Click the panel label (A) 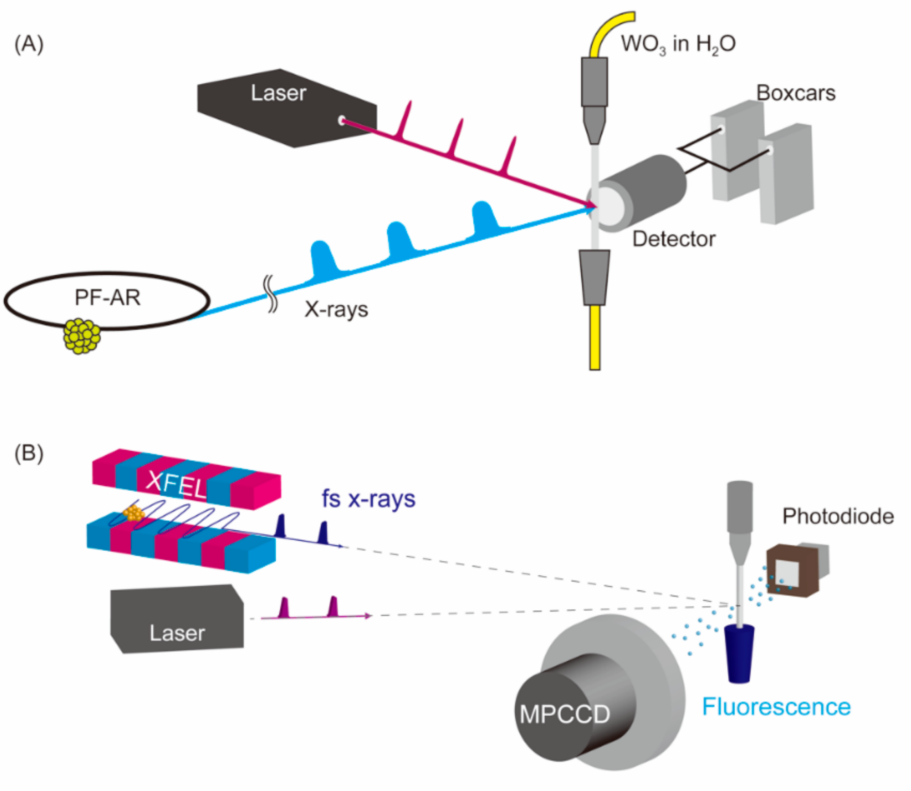29,44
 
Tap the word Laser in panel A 278,93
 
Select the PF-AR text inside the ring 108,297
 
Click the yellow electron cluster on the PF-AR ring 82,336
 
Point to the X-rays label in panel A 336,309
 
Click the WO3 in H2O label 678,44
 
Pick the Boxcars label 796,93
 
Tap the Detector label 674,239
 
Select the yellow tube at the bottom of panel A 595,337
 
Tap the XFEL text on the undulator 176,484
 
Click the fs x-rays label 368,499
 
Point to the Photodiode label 838,516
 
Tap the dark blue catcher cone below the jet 739,653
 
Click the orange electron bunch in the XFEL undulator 133,513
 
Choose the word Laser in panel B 177,633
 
